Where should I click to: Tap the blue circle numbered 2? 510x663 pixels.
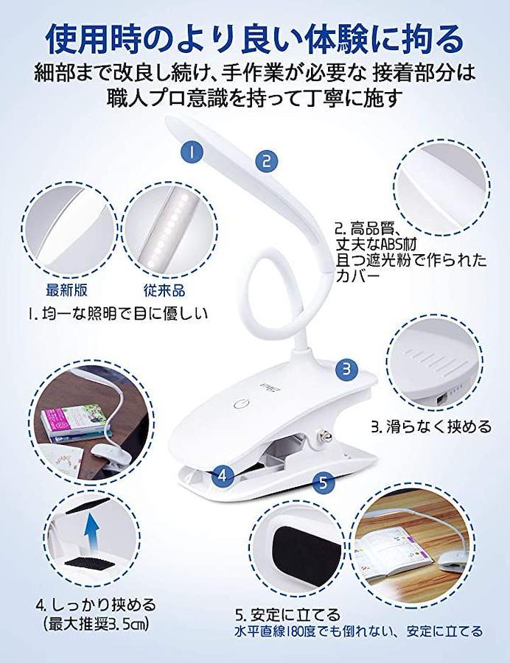(x=266, y=161)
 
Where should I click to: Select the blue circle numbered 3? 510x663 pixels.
(x=347, y=369)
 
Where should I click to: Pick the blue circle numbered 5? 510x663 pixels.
(x=323, y=482)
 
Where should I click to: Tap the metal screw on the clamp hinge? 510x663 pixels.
(x=326, y=435)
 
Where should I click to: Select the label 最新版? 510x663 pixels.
(x=66, y=290)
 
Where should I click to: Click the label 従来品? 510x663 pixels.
(x=164, y=290)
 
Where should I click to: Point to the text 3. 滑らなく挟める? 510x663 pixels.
(x=431, y=427)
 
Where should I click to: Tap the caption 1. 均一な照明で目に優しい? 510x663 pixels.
(x=119, y=314)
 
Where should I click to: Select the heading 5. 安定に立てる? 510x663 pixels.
(x=287, y=614)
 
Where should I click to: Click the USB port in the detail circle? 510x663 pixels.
(x=441, y=399)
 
